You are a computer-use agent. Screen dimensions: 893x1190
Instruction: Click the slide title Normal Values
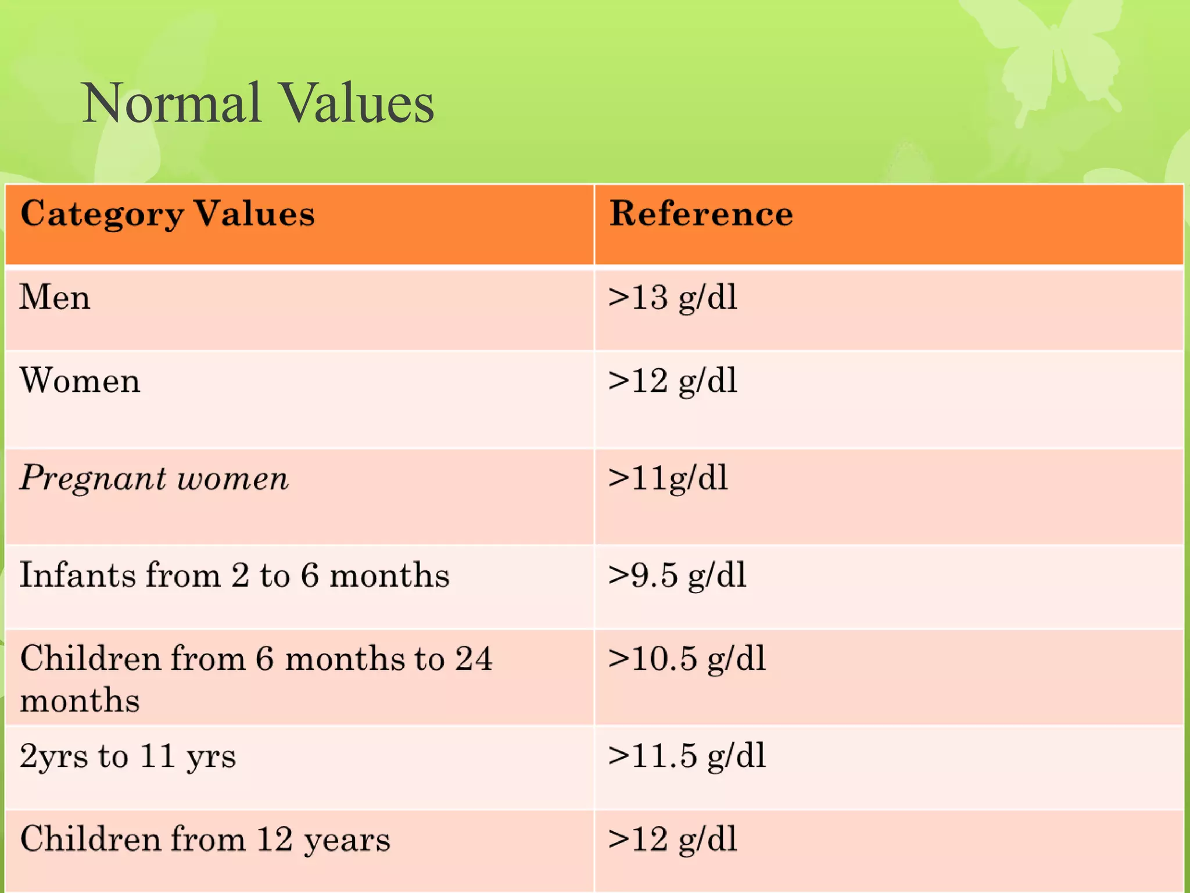point(258,103)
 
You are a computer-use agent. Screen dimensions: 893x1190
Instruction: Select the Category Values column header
point(167,214)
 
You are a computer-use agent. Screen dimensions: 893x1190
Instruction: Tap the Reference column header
point(701,213)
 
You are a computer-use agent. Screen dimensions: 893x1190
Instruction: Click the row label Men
point(55,298)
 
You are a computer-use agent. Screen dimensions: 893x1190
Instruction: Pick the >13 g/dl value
point(672,298)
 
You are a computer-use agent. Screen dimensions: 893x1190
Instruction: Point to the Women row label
point(80,381)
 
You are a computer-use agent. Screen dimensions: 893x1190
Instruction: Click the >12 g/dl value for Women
point(672,382)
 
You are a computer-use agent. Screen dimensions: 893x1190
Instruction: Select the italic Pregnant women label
point(154,479)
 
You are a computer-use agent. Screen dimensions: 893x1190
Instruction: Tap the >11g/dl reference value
point(668,479)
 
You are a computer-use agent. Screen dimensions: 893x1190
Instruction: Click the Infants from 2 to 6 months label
point(234,576)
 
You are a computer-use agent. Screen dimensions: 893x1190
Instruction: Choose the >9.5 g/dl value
point(677,576)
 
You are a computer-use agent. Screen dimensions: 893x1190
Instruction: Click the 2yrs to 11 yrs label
point(128,757)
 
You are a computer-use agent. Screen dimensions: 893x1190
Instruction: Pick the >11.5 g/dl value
point(687,756)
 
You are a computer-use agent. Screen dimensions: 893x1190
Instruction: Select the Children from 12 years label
point(205,840)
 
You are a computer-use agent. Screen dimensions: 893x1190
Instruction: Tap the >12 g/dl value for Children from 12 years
point(672,840)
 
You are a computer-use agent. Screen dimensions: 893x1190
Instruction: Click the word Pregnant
point(93,480)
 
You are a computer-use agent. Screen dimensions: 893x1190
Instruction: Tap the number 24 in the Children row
point(474,659)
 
